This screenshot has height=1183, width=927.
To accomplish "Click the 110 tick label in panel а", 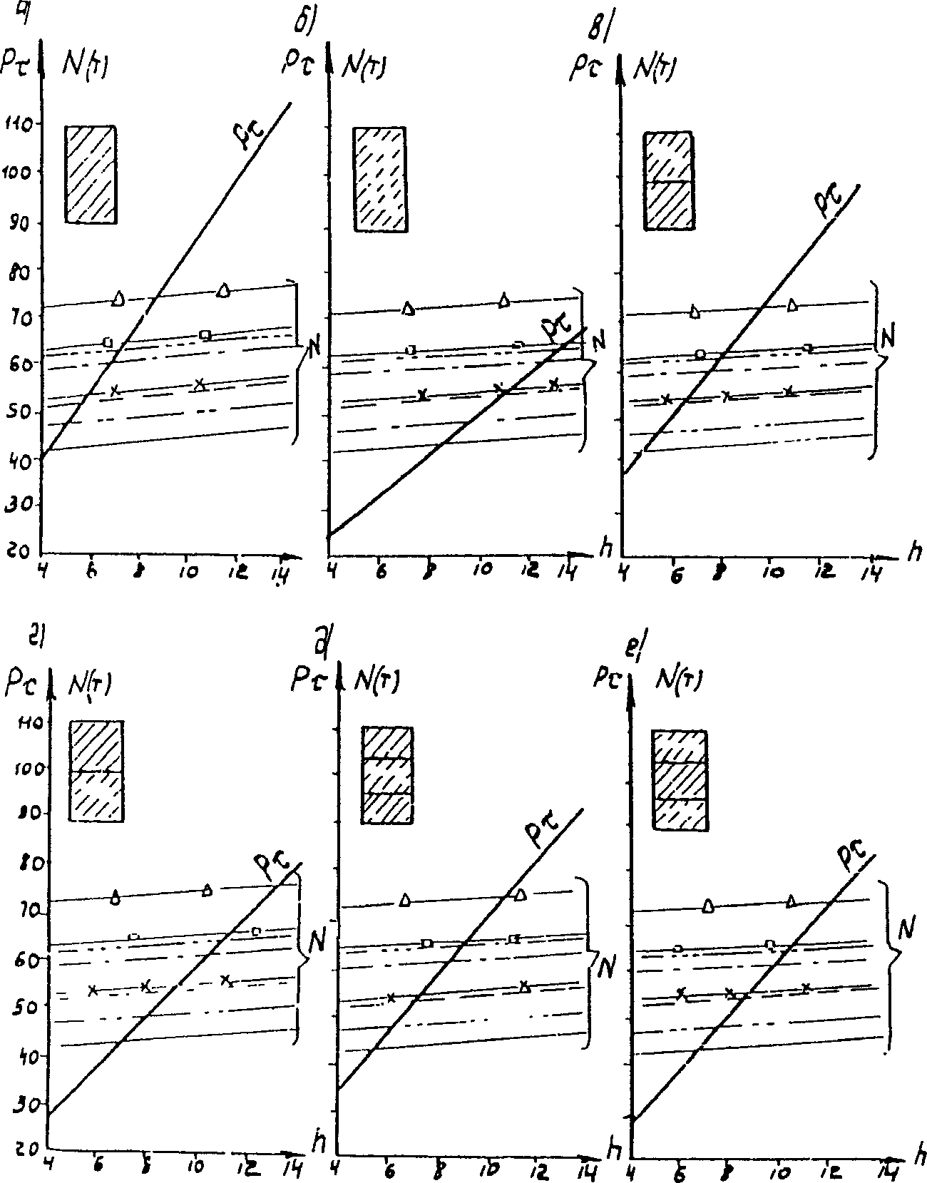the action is pos(16,126).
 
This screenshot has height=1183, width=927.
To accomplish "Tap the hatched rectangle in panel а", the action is pos(91,175).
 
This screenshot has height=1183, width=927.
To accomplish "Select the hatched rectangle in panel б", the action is pos(380,179).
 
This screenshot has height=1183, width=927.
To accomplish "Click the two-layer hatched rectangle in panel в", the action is pos(669,180).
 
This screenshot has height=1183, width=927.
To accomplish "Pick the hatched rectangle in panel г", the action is pos(96,771).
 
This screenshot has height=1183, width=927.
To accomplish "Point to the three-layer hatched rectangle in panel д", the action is pos(387,776).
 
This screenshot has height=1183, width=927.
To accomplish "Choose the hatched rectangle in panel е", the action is pos(680,780).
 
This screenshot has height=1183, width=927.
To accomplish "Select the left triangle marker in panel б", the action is pos(408,308).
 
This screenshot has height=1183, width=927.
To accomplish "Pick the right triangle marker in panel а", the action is pos(224,290).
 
